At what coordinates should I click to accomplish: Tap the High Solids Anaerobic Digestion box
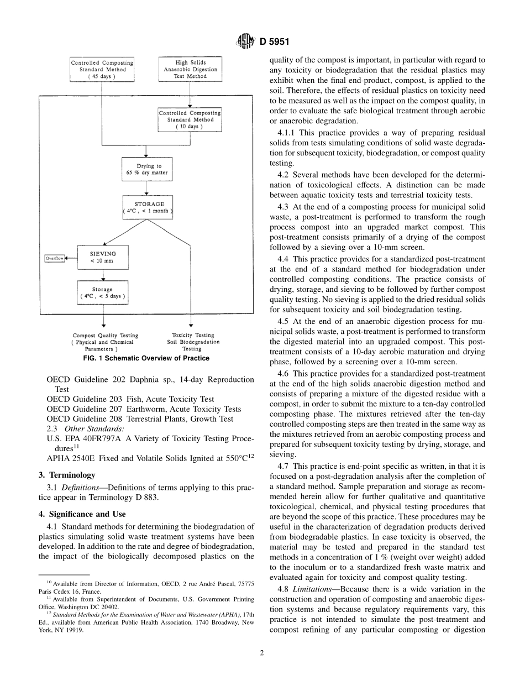[190, 70]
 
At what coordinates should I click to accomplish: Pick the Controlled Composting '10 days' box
[190, 119]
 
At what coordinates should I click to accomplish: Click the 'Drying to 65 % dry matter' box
[146, 169]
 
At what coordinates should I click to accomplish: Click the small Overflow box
[55, 258]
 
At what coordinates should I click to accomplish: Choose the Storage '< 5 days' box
[102, 292]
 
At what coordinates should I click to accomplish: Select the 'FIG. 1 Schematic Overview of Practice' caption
[146, 358]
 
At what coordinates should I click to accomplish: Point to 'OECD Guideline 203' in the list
[80, 399]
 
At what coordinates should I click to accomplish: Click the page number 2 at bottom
[262, 652]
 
